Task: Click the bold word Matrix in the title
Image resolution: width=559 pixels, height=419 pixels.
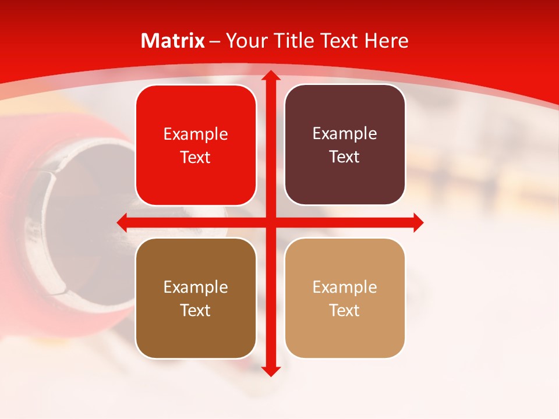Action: [x=173, y=41]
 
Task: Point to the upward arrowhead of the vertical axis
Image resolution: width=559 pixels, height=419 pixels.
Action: [x=270, y=76]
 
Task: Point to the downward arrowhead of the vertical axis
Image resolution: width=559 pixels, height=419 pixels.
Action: [x=270, y=371]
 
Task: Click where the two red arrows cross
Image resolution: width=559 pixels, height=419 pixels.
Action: [x=270, y=222]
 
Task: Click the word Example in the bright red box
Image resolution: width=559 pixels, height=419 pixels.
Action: [x=196, y=134]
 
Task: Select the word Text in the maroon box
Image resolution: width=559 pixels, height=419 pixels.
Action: [x=345, y=157]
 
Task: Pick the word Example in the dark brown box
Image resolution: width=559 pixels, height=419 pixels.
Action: [x=196, y=287]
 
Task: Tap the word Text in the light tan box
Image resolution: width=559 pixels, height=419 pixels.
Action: [x=345, y=310]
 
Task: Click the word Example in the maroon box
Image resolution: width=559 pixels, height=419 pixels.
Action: [x=345, y=134]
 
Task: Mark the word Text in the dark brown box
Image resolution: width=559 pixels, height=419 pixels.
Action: [x=196, y=310]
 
